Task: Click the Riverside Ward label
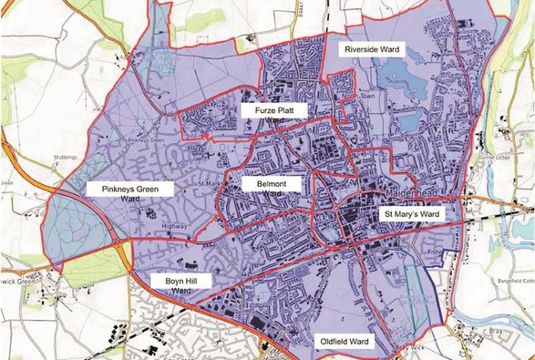[371, 49]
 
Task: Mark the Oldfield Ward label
[345, 341]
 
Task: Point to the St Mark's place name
[205, 183]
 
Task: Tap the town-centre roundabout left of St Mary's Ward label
[333, 208]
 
